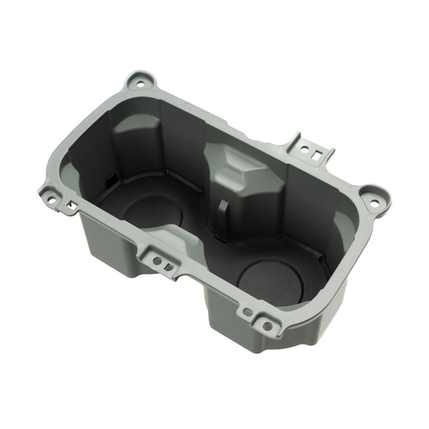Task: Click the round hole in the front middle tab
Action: [x=157, y=261]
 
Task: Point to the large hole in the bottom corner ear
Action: [x=266, y=324]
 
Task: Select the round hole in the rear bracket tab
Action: [x=308, y=149]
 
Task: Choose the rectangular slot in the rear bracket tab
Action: [x=318, y=155]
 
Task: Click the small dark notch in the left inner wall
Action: [x=109, y=178]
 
